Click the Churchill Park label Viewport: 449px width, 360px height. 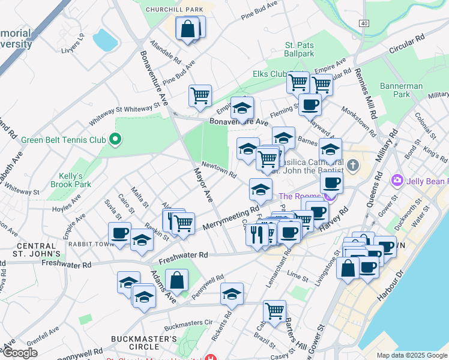[175, 10]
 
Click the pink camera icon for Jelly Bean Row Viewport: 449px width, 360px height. [397, 179]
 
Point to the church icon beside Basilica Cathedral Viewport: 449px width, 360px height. [353, 164]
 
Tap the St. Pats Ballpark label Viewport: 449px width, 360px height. [299, 49]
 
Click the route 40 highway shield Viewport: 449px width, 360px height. [364, 23]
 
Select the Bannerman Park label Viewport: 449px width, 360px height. [402, 90]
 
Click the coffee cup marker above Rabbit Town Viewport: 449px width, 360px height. [119, 233]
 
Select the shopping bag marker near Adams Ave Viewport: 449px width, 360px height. [177, 280]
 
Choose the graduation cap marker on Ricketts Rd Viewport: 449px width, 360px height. [232, 294]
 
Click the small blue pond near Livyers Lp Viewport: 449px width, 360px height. [106, 40]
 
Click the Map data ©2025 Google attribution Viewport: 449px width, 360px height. [411, 355]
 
